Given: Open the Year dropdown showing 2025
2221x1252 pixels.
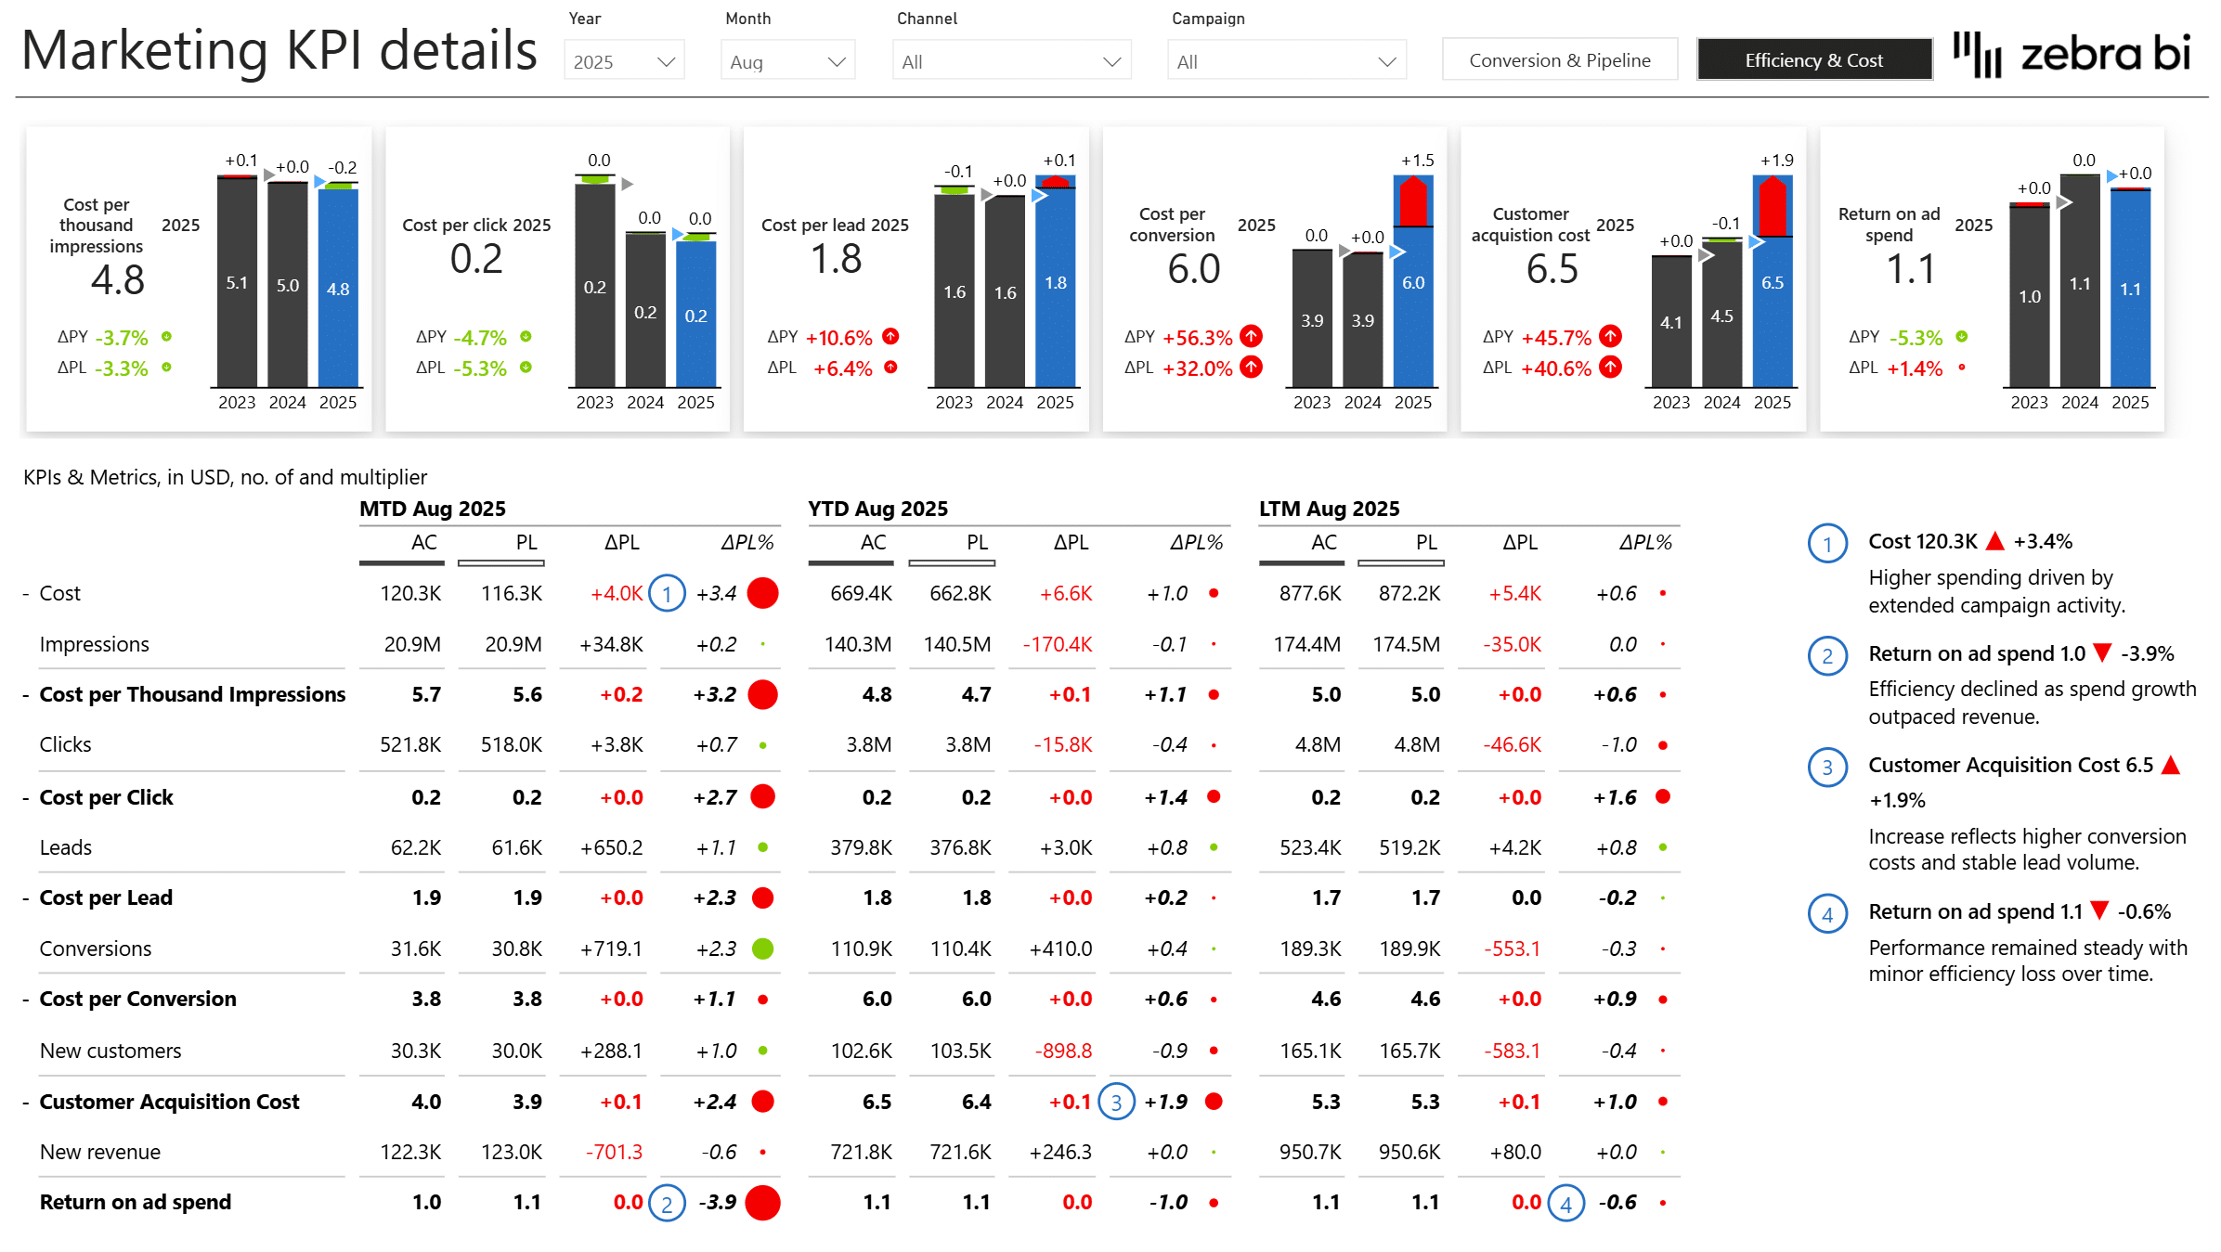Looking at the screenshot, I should pyautogui.click(x=623, y=61).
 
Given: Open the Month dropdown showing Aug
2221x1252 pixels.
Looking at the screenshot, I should pyautogui.click(x=787, y=61).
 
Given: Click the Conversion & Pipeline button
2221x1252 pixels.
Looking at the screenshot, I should pyautogui.click(x=1559, y=60).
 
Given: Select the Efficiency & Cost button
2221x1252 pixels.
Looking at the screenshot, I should pyautogui.click(x=1813, y=60).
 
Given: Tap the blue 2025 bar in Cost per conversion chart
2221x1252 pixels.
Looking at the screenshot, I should pyautogui.click(x=1412, y=306).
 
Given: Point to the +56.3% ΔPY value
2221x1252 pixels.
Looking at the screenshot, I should pyautogui.click(x=1197, y=338).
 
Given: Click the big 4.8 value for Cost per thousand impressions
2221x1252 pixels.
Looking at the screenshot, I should pyautogui.click(x=118, y=280).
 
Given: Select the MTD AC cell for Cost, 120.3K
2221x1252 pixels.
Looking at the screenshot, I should pyautogui.click(x=410, y=593).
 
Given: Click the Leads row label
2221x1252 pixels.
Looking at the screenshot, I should pyautogui.click(x=66, y=847).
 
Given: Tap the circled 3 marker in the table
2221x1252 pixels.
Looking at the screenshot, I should pyautogui.click(x=1116, y=1103).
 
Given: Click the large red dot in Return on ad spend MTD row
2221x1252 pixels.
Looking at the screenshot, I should pyautogui.click(x=762, y=1203).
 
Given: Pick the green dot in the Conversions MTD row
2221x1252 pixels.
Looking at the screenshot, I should pyautogui.click(x=762, y=949).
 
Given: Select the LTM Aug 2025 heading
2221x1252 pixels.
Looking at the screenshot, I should pyautogui.click(x=1329, y=509).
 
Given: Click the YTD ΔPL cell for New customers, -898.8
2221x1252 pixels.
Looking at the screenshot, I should pyautogui.click(x=1063, y=1051).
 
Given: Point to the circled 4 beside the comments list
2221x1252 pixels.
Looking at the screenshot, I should pyautogui.click(x=1826, y=914).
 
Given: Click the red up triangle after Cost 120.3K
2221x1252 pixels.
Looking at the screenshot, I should pyautogui.click(x=1994, y=541).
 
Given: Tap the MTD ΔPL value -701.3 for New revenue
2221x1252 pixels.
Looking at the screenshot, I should pyautogui.click(x=614, y=1152).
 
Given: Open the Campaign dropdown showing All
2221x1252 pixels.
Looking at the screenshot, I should pyautogui.click(x=1286, y=61).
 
